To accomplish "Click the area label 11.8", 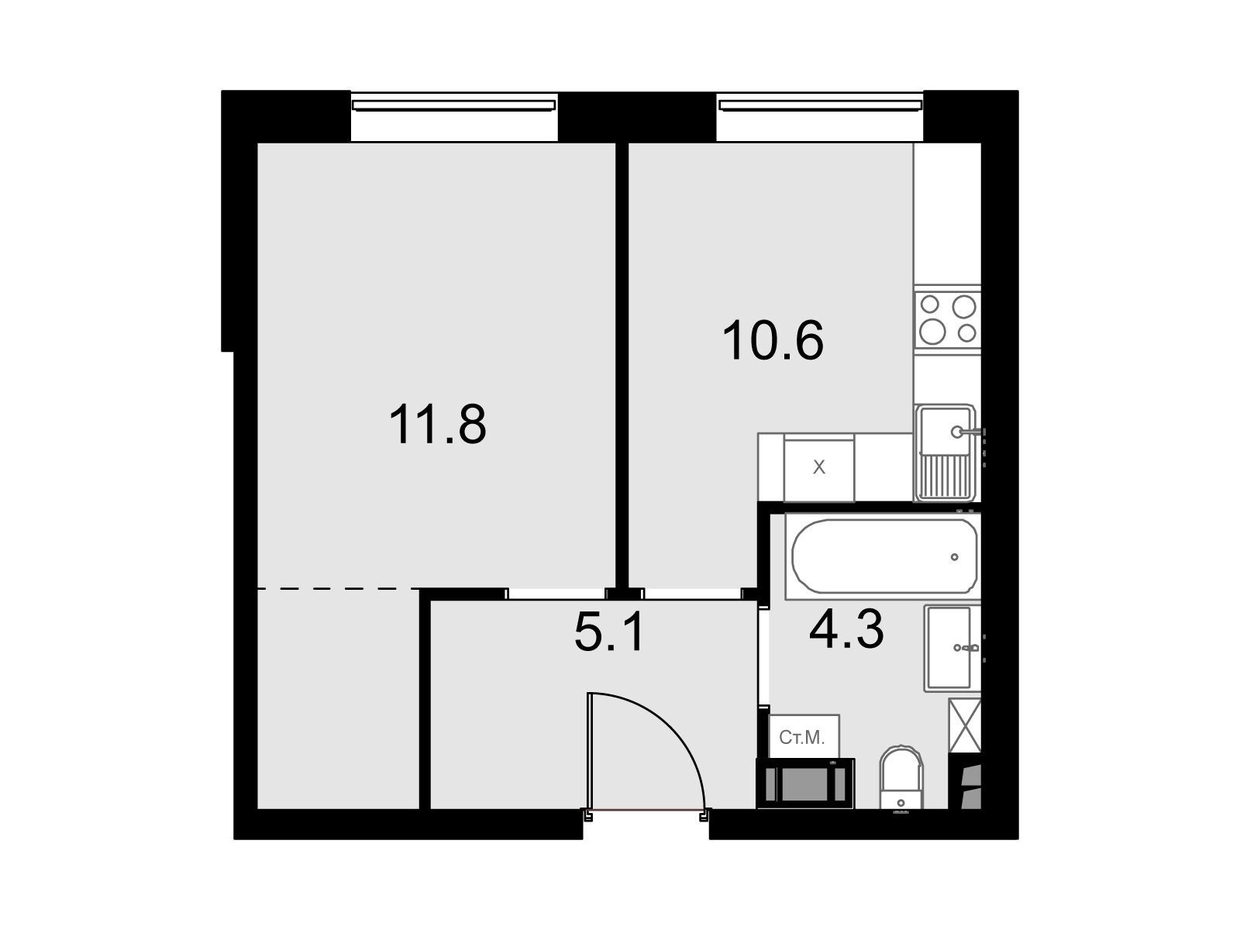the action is (438, 425).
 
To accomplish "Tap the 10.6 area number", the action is (773, 340).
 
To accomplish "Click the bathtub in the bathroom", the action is (885, 556).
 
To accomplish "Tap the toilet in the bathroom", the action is (901, 779).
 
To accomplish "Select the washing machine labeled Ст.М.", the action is (804, 736).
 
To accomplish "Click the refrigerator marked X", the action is (818, 468).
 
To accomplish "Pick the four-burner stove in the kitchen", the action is (947, 319).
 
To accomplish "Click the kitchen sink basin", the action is (945, 429).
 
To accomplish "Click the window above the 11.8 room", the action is (454, 105).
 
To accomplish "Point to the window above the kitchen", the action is (820, 105).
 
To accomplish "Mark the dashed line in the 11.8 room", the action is (339, 589).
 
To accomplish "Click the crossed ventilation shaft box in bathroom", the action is (965, 725).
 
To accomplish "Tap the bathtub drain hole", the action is (955, 556).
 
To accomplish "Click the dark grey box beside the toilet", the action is (805, 784).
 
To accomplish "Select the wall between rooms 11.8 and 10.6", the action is (622, 365).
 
